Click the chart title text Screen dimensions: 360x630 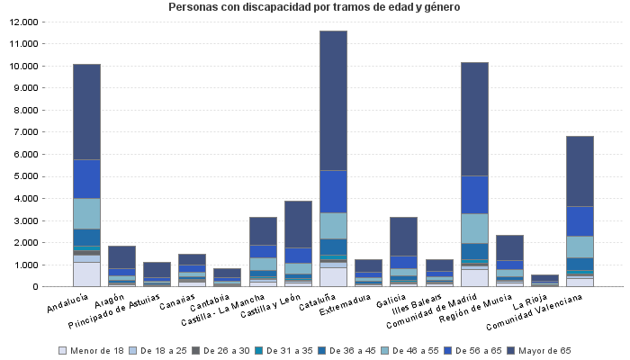point(314,8)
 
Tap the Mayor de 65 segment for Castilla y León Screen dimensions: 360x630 point(297,224)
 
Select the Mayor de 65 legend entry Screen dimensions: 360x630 point(544,350)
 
